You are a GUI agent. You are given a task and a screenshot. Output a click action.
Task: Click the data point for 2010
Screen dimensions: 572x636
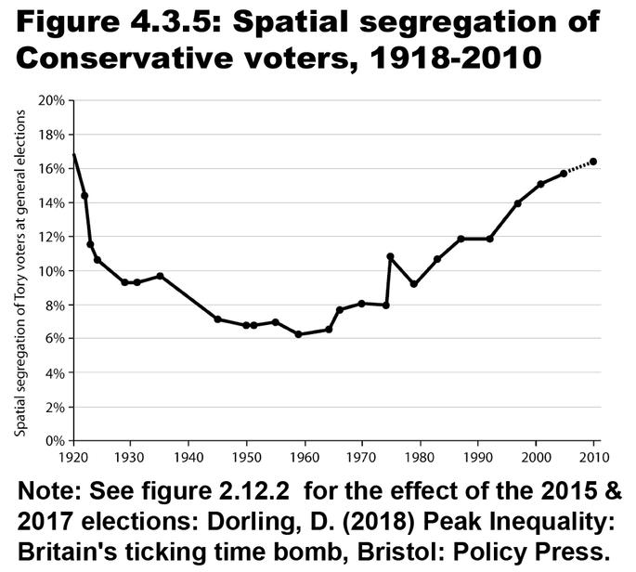pyautogui.click(x=593, y=162)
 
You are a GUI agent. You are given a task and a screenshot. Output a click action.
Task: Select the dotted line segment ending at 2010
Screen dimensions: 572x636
pyautogui.click(x=578, y=167)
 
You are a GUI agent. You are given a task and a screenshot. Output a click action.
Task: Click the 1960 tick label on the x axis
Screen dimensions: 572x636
pyautogui.click(x=305, y=457)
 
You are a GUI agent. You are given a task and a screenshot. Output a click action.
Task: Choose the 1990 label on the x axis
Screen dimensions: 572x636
pyautogui.click(x=478, y=457)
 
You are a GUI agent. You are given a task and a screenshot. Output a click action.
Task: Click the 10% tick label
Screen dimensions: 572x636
pyautogui.click(x=54, y=270)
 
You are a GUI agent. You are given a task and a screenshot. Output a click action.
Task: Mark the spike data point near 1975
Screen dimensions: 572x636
pyautogui.click(x=391, y=256)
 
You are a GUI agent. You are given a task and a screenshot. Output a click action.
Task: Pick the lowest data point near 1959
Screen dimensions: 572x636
pyautogui.click(x=298, y=334)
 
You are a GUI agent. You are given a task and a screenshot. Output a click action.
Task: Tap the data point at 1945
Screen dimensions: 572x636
pyautogui.click(x=217, y=319)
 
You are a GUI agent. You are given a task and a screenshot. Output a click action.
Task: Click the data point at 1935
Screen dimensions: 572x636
pyautogui.click(x=160, y=276)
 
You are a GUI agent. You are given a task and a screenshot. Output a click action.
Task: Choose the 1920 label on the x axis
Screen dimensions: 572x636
pyautogui.click(x=72, y=457)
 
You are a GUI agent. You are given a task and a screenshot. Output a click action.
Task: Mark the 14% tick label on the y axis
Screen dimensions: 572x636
pyautogui.click(x=54, y=202)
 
